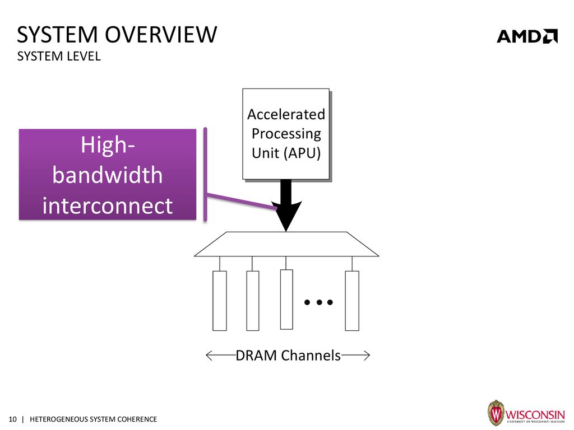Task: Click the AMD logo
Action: point(527,36)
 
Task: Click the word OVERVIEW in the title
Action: point(161,35)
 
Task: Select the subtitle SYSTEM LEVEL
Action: point(59,57)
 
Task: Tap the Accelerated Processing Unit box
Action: point(286,134)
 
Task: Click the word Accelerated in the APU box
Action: point(286,114)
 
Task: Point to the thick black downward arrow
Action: point(286,205)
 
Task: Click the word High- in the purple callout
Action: point(108,145)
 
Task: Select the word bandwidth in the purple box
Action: point(107,175)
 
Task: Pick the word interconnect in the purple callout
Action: point(107,205)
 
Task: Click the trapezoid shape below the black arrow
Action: point(286,244)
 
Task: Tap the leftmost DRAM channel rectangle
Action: point(220,301)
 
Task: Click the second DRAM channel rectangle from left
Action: point(253,301)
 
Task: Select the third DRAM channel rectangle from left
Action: point(286,300)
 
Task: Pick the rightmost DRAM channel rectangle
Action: point(352,301)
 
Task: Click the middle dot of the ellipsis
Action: point(319,302)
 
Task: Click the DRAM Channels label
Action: point(288,356)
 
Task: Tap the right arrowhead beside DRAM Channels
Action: point(367,356)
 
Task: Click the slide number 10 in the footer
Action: point(12,419)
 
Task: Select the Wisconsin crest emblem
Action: point(496,413)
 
